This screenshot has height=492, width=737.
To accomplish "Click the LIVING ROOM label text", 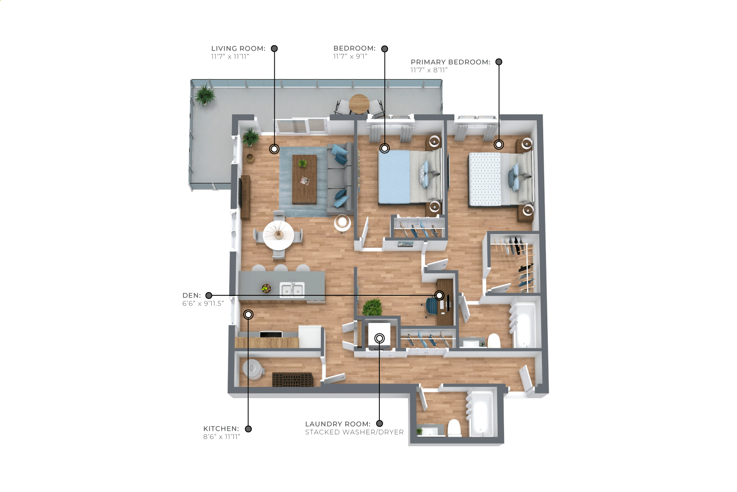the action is pos(238,48).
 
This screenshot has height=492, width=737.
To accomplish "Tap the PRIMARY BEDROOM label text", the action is pos(450,62).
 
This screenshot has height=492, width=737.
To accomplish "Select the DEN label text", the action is pos(192,295).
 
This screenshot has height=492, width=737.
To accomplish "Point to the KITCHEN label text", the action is pos(221,429).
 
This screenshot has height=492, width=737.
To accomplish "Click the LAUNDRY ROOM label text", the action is pos(338,424).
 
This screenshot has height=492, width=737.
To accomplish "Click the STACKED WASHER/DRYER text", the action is pos(354,432).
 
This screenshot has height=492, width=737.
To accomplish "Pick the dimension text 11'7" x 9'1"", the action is pos(350,56).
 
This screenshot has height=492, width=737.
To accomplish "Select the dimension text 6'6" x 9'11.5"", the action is pos(203,303).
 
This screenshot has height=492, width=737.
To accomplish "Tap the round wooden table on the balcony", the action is pos(359,104).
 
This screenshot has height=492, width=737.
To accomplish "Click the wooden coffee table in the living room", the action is pos(305,180).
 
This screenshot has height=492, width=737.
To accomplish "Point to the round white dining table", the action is pos(279,235).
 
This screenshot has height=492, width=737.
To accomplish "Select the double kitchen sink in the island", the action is pos(292,290).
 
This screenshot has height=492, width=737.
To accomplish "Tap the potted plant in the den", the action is pos(372,308).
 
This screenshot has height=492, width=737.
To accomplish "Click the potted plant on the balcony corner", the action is pos(205,95).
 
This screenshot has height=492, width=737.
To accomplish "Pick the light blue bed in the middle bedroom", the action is pos(409,177).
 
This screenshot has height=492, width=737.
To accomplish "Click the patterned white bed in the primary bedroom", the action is pos(500,180).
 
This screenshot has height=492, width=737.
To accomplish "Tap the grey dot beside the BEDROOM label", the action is pos(385,49).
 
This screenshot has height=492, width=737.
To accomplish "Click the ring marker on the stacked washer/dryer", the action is pos(380,338).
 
